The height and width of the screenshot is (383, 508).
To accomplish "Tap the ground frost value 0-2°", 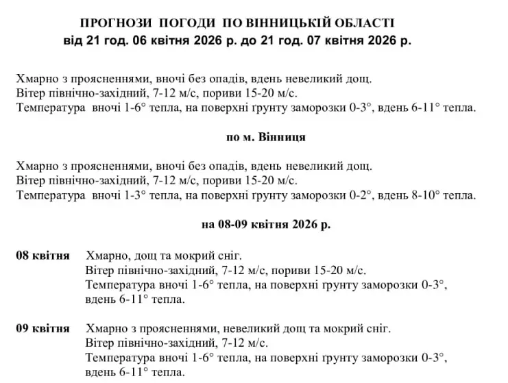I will coord(359,195).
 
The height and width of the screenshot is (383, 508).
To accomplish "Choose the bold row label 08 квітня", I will coord(43,256).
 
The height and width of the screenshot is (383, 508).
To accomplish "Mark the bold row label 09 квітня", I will coord(43,328).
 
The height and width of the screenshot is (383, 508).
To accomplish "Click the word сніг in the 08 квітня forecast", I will coord(229,256).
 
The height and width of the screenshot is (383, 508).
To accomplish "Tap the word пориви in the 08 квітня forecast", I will coord(288,271).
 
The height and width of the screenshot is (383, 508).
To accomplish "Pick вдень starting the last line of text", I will coord(101,372).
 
